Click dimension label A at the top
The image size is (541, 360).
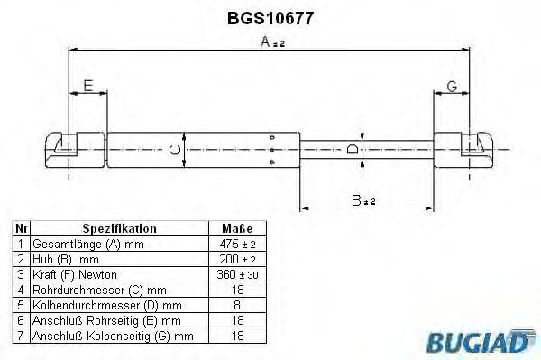tap(266, 42)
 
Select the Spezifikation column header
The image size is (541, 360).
tap(119, 229)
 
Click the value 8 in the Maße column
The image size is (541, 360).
tap(236, 305)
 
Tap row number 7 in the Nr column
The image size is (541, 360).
tap(20, 336)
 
